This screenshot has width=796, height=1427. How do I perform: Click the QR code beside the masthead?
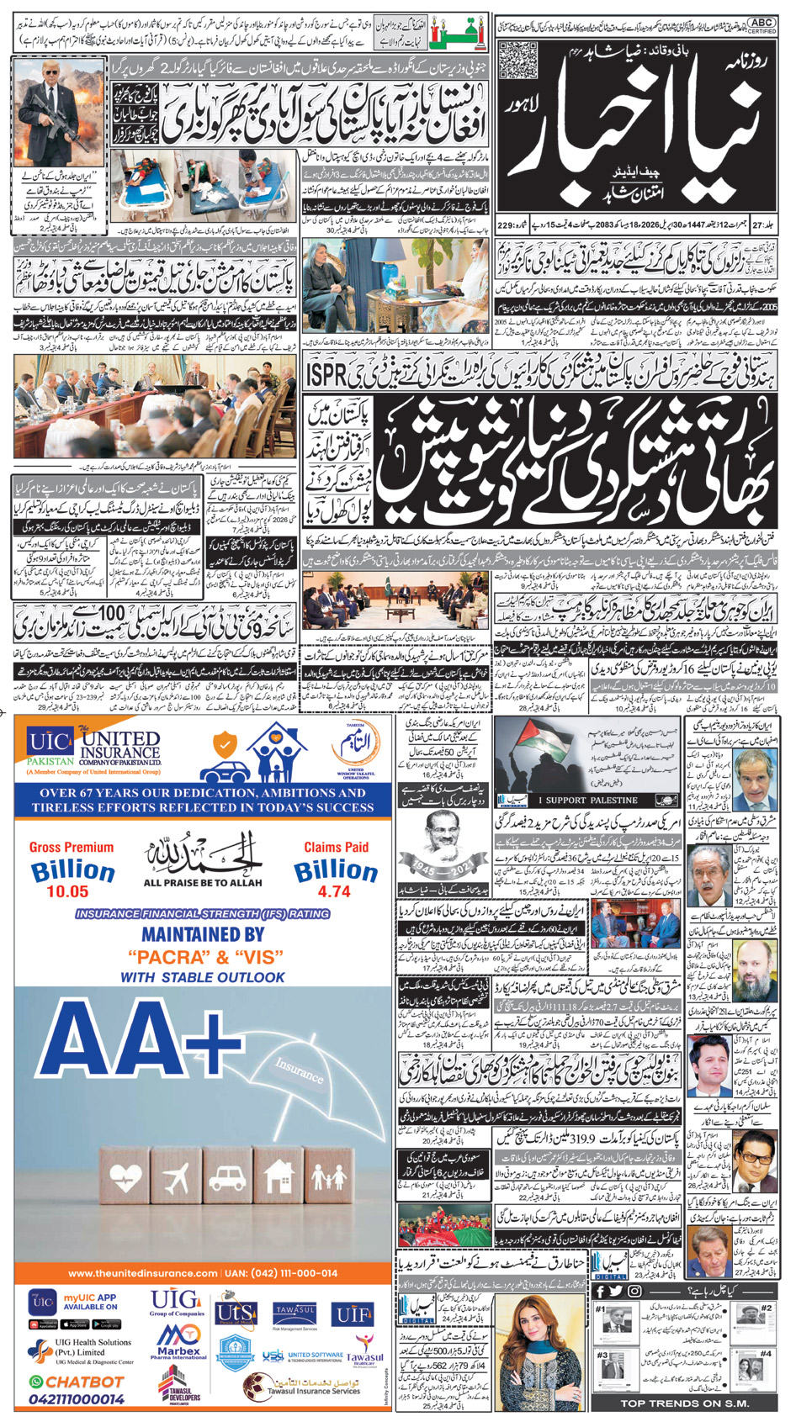tap(517, 61)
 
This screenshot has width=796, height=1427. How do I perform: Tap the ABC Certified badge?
tap(762, 25)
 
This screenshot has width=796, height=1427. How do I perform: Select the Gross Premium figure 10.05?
tap(67, 891)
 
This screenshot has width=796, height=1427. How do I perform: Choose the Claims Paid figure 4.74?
tap(334, 891)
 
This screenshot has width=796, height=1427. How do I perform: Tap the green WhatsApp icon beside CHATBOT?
tap(35, 1382)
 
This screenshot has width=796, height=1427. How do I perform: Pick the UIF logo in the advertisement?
tap(353, 1313)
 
